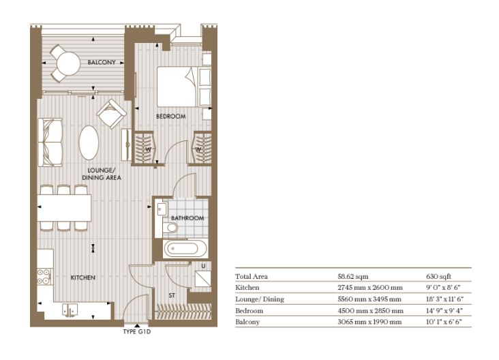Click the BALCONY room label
click(102, 63)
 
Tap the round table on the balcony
click(68, 63)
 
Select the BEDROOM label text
click(171, 117)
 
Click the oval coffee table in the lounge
click(89, 142)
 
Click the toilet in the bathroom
click(170, 228)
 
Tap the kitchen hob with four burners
click(44, 277)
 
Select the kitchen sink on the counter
click(70, 310)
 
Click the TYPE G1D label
click(137, 331)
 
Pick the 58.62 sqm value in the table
click(353, 277)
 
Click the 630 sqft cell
click(438, 277)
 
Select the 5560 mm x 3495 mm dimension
click(369, 299)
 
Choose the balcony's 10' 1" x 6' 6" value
click(444, 322)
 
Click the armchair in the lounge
click(112, 114)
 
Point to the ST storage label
click(172, 296)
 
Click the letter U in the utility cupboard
click(203, 266)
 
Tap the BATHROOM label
click(187, 218)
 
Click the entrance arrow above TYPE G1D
click(137, 326)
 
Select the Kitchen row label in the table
click(247, 288)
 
